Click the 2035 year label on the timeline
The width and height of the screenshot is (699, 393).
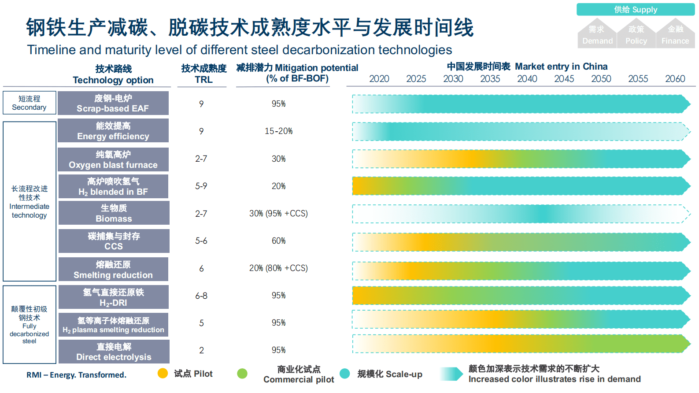coord(490,79)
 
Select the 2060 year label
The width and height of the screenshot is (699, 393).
coord(675,79)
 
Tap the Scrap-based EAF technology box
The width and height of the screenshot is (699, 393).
coord(113,103)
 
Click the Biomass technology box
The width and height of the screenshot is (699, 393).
coord(114,213)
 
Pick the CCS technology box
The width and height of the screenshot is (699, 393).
coord(114,241)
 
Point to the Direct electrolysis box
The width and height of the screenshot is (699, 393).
coord(114,352)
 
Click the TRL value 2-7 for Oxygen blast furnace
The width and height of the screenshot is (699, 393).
coord(201,159)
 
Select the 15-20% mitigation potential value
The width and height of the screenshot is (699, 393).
coord(278,131)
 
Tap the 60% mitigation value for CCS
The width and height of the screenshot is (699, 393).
coord(278,241)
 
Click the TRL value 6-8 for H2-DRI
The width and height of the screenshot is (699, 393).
coord(201,296)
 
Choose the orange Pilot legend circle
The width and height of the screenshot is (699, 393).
coord(163,374)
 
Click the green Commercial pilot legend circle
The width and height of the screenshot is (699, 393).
coord(242,374)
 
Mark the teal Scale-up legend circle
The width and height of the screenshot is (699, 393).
coord(345,374)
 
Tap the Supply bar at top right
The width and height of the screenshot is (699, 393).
coord(635,10)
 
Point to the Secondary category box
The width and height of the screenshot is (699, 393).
coord(30,103)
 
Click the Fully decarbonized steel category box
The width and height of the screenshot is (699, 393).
coord(30,325)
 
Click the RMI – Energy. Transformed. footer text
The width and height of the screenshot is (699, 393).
coord(76,375)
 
